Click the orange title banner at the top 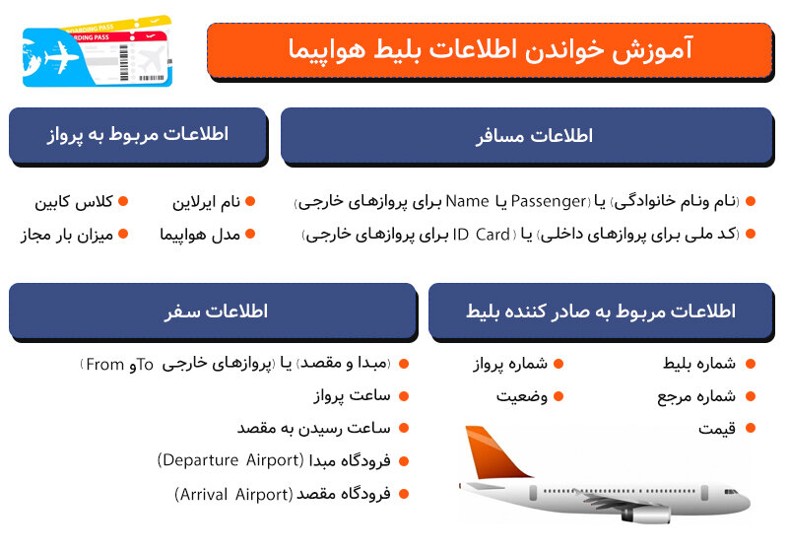pos(490,50)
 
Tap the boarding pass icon pos(97,50)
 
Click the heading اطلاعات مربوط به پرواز pos(137,134)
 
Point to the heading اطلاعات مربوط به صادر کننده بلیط pos(601,311)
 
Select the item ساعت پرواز pos(352,396)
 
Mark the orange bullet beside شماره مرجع pos(751,396)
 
